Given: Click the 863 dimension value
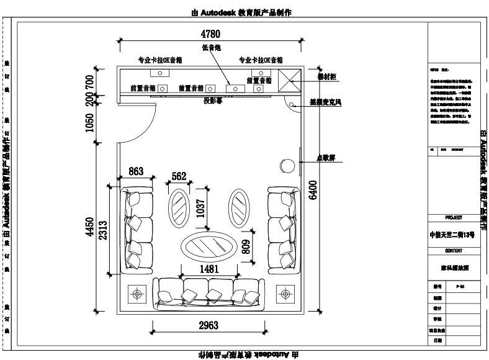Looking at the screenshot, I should pos(136,171).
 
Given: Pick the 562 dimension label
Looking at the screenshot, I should pos(179,176).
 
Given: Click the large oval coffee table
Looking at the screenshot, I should pos(208,246).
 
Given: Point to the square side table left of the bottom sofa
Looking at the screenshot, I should pos(137,292).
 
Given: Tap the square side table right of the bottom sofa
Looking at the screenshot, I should pos(284,292).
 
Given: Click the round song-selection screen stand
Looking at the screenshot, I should pos(287,166).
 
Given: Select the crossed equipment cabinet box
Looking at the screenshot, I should pos(289,80).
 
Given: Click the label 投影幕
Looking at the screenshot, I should pos(212,101).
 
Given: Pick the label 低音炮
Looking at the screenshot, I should pos(211,47).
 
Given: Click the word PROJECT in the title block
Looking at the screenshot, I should pos(454,218).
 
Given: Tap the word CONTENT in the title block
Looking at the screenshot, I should pos(454,251).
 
